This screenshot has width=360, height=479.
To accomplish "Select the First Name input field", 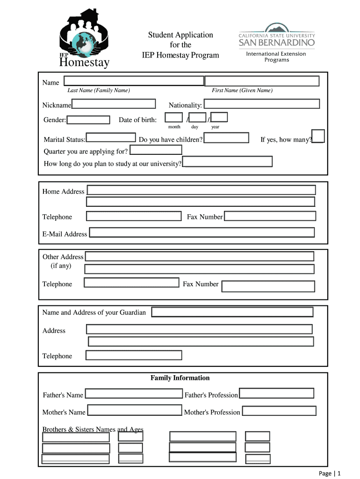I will [x=262, y=81].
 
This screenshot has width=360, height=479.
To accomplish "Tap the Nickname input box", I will [x=114, y=104].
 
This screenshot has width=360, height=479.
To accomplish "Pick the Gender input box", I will [x=88, y=120].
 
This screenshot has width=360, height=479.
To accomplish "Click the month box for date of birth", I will [x=174, y=117].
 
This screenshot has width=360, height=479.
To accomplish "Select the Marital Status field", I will [x=111, y=138].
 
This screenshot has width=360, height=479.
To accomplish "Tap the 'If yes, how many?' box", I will [x=318, y=136].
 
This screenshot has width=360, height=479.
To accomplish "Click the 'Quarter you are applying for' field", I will [x=156, y=150].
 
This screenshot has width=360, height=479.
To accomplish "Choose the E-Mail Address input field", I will [x=202, y=232].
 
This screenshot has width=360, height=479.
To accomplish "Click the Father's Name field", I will [x=135, y=393].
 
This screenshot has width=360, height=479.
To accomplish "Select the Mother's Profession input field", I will [x=279, y=411].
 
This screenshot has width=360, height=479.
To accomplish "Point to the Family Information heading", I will [x=180, y=378].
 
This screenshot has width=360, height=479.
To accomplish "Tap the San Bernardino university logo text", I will [x=277, y=43].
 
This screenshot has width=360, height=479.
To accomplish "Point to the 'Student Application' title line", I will [x=180, y=35].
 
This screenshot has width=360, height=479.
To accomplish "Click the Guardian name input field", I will [x=232, y=312].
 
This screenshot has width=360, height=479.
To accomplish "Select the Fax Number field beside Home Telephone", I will [x=270, y=216].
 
